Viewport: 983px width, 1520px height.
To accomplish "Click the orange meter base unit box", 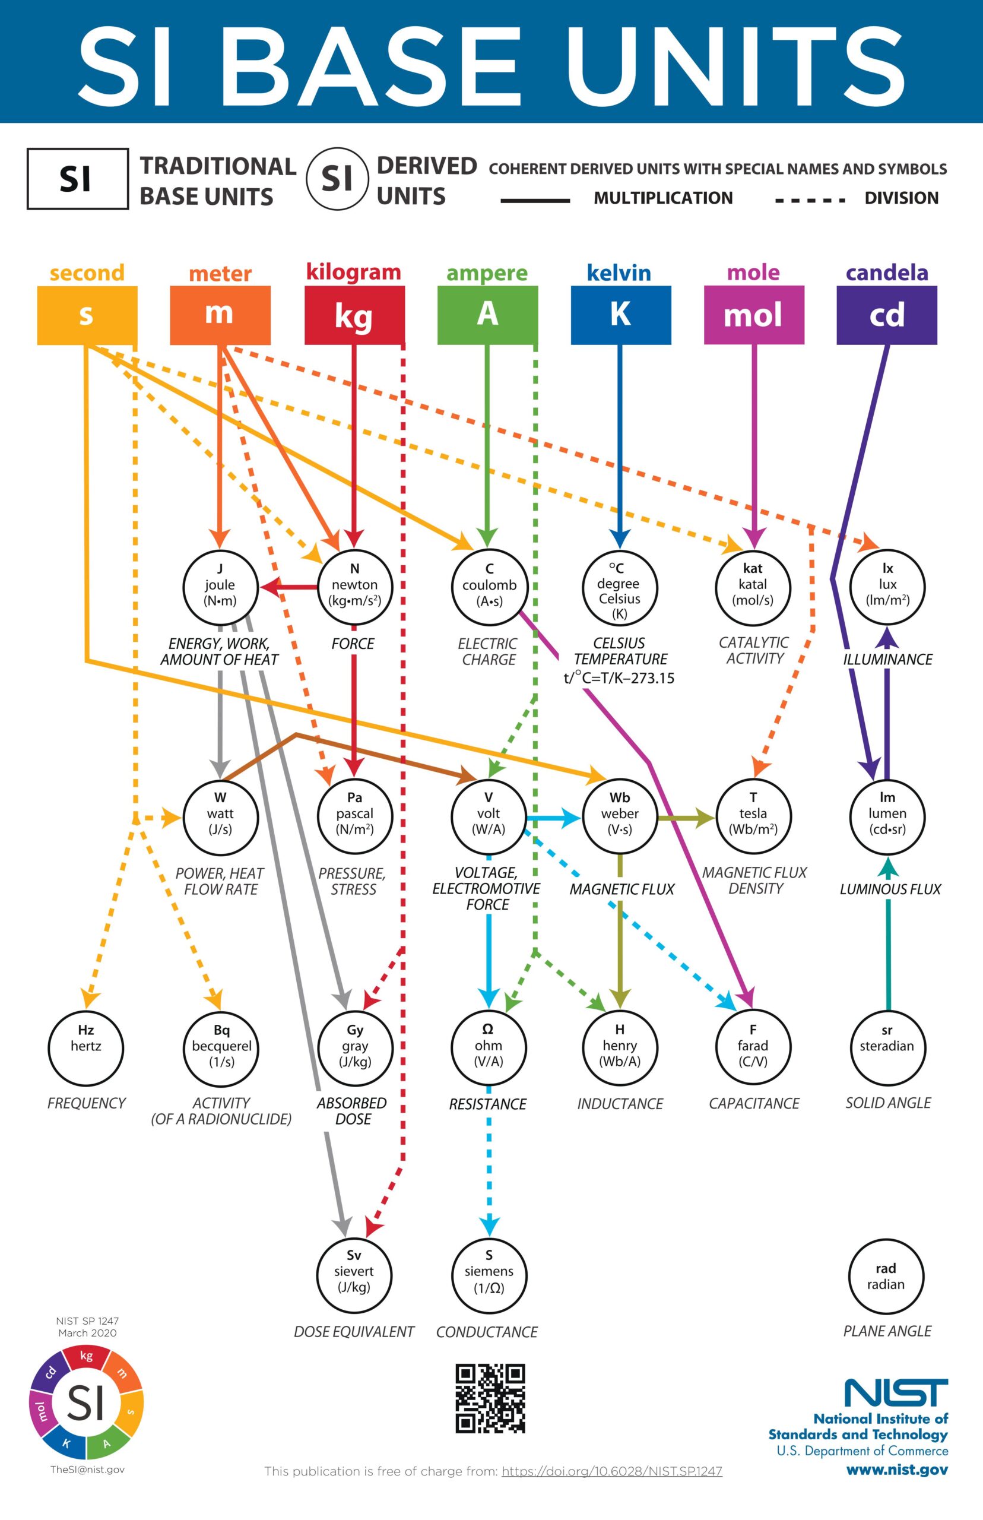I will (x=220, y=315).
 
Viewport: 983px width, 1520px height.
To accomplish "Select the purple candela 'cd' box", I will (x=886, y=315).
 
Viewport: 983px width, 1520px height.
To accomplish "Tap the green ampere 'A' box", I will (x=487, y=315).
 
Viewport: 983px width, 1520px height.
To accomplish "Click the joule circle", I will (x=220, y=586).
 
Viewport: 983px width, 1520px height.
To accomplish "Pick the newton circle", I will (x=354, y=586).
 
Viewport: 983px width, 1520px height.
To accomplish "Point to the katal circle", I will (x=753, y=586).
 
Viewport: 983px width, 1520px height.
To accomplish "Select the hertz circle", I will (x=85, y=1047).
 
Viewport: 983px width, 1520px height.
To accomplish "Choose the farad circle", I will (x=753, y=1047).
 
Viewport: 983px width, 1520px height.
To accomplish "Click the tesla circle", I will (x=753, y=816).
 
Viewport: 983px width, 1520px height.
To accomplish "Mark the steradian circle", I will (x=887, y=1047).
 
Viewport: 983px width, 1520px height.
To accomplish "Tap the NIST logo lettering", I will (x=896, y=1392).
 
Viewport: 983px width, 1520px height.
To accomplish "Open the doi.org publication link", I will (x=611, y=1471).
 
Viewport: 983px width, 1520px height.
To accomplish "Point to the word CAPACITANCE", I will (x=754, y=1104).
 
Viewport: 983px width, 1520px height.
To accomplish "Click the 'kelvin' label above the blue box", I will (x=619, y=273).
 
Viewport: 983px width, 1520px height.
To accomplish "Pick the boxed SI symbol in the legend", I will (x=77, y=179).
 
